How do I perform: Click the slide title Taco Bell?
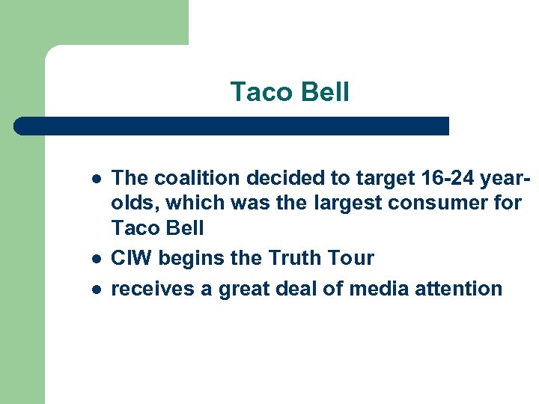(290, 92)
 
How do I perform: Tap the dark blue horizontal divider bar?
(232, 126)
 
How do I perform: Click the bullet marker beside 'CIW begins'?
(93, 259)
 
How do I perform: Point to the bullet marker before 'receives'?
(93, 290)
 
